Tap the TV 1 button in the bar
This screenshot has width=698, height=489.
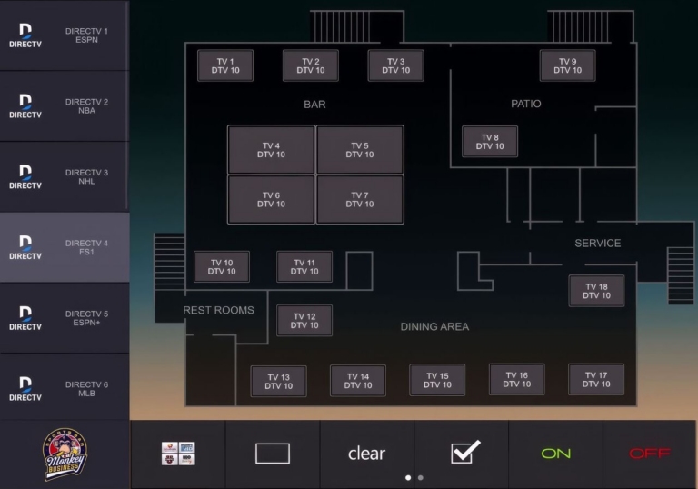coord(225,65)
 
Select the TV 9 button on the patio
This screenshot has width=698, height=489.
coord(567,65)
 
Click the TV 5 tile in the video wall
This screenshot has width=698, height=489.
coord(360,150)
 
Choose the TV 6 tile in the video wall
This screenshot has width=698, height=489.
coord(271,199)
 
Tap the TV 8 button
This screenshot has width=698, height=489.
coord(490,142)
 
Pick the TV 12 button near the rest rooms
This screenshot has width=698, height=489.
coord(304,321)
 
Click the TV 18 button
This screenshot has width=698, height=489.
coord(596,291)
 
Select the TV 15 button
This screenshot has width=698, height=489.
coord(437,380)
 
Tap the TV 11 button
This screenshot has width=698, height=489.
coord(304,266)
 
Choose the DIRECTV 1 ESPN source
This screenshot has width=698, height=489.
coord(65,35)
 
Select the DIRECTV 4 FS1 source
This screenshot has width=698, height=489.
coord(65,247)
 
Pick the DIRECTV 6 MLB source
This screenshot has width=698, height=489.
coord(65,388)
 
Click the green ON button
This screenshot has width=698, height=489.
coord(555,454)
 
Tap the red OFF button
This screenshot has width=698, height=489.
coord(650,454)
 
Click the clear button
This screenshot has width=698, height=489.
coord(367,454)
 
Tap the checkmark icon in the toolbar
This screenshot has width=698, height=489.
coord(465,452)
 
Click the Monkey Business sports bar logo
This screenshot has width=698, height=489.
coord(65,454)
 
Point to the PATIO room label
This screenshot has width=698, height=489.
coord(526,104)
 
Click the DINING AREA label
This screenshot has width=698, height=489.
coord(434,327)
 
